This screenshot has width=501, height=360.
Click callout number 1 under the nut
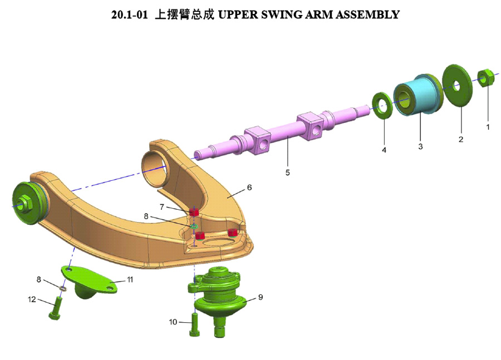[488, 127]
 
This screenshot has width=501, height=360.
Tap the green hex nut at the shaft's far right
[485, 77]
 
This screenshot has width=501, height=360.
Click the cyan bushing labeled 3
[419, 96]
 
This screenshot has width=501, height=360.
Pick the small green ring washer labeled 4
[382, 106]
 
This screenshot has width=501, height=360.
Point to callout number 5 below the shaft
[288, 172]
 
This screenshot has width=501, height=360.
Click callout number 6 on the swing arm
[249, 188]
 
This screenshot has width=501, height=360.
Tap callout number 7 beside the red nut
[162, 207]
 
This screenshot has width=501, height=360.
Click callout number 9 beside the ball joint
[260, 297]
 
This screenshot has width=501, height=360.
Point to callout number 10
[173, 322]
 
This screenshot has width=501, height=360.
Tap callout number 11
[130, 279]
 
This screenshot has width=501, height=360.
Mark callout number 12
[32, 299]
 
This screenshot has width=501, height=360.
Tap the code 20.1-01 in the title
[130, 14]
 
